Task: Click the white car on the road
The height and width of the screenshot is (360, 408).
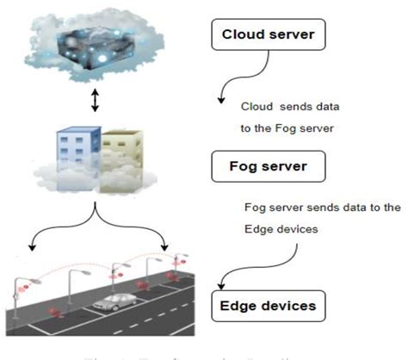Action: point(118,303)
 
